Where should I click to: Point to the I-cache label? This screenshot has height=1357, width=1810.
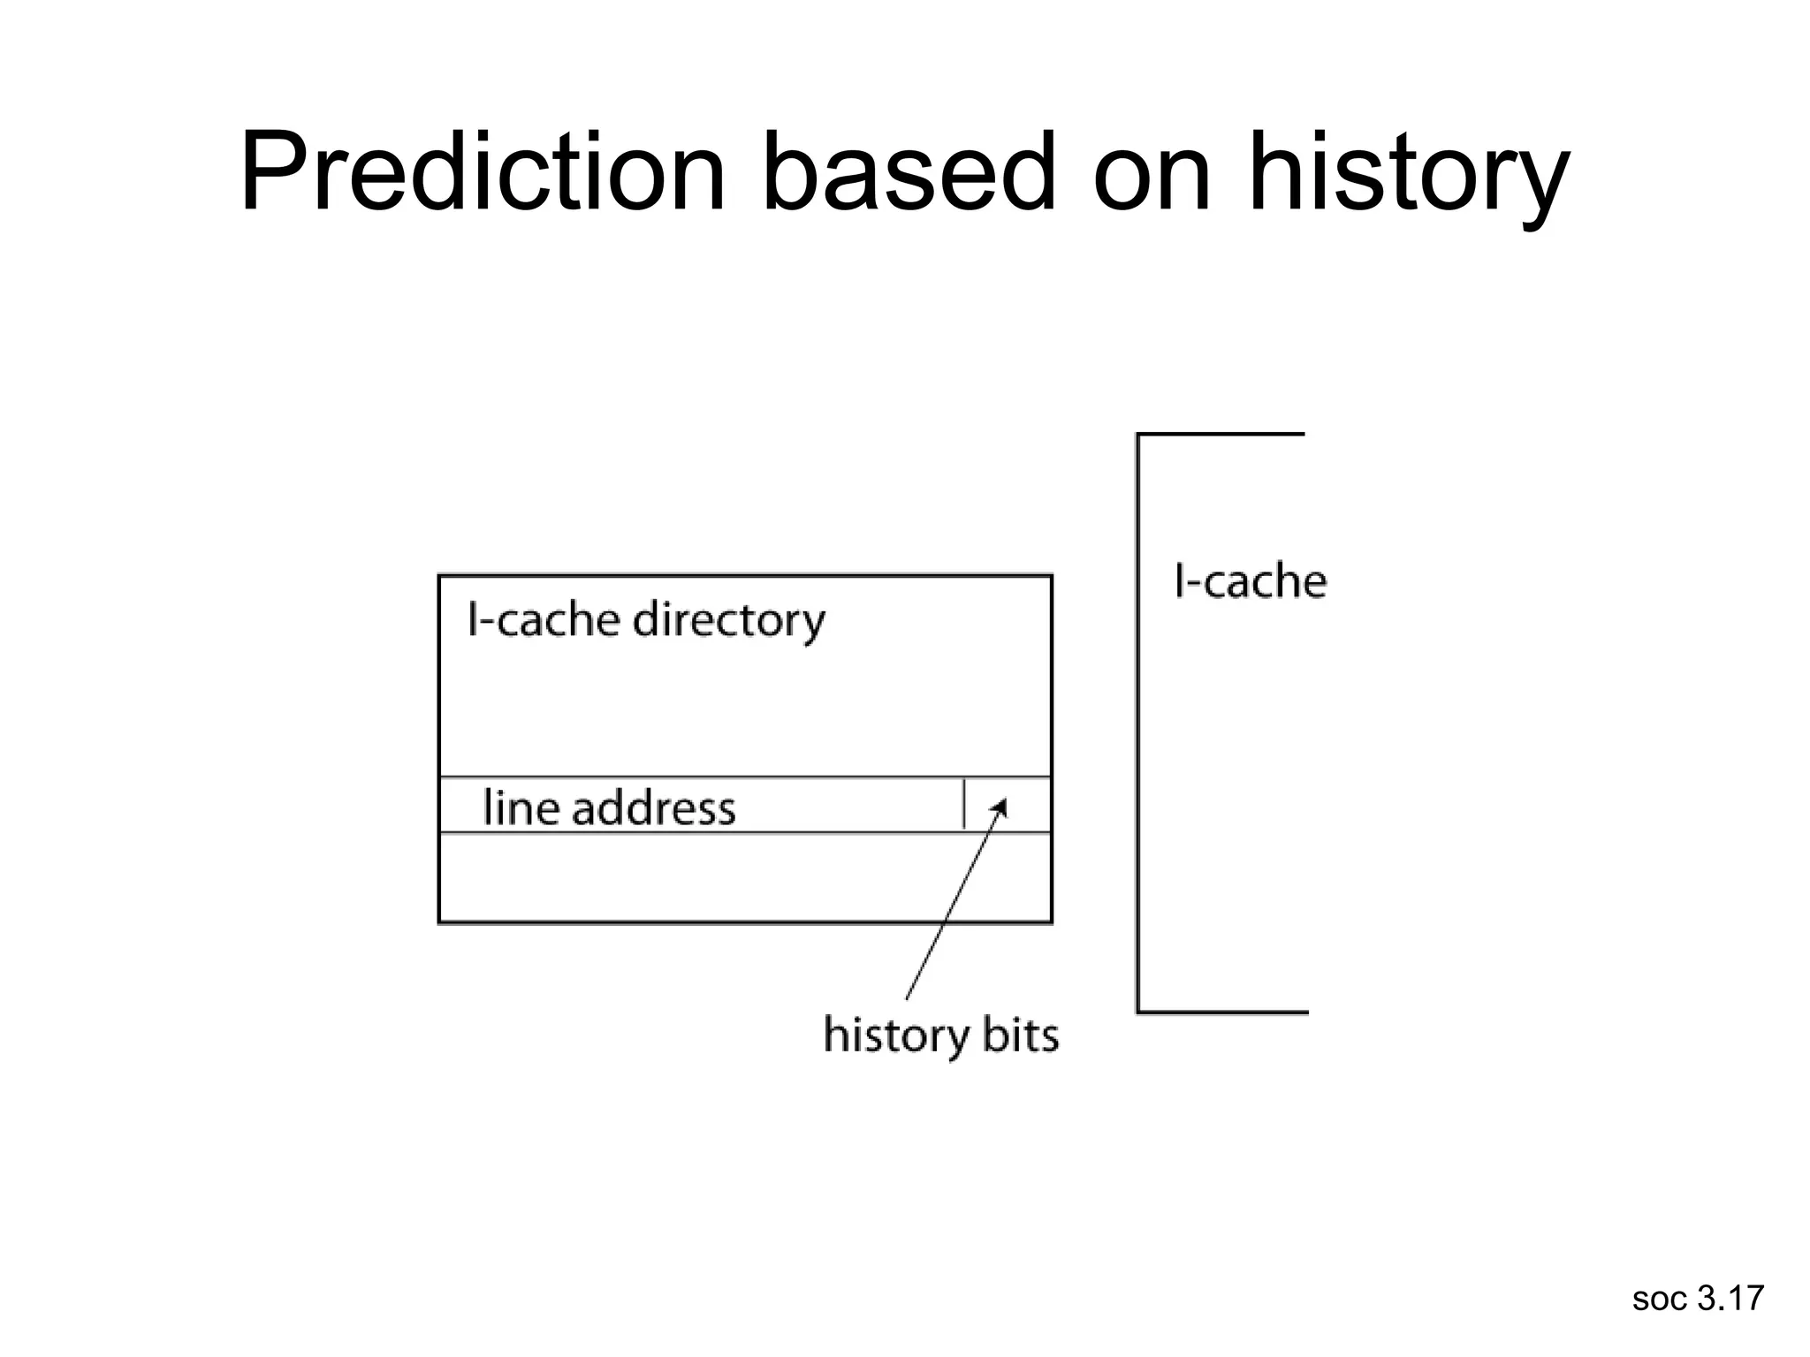click(1250, 582)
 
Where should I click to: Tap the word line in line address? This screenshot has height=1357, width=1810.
click(520, 807)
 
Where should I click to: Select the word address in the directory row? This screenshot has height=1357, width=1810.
click(654, 807)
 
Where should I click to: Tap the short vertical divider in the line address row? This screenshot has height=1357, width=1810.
click(963, 804)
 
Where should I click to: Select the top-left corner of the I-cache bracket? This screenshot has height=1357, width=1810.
click(1138, 435)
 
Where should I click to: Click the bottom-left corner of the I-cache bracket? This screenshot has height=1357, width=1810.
click(1138, 1012)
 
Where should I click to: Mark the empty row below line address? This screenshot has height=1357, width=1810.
click(744, 877)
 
